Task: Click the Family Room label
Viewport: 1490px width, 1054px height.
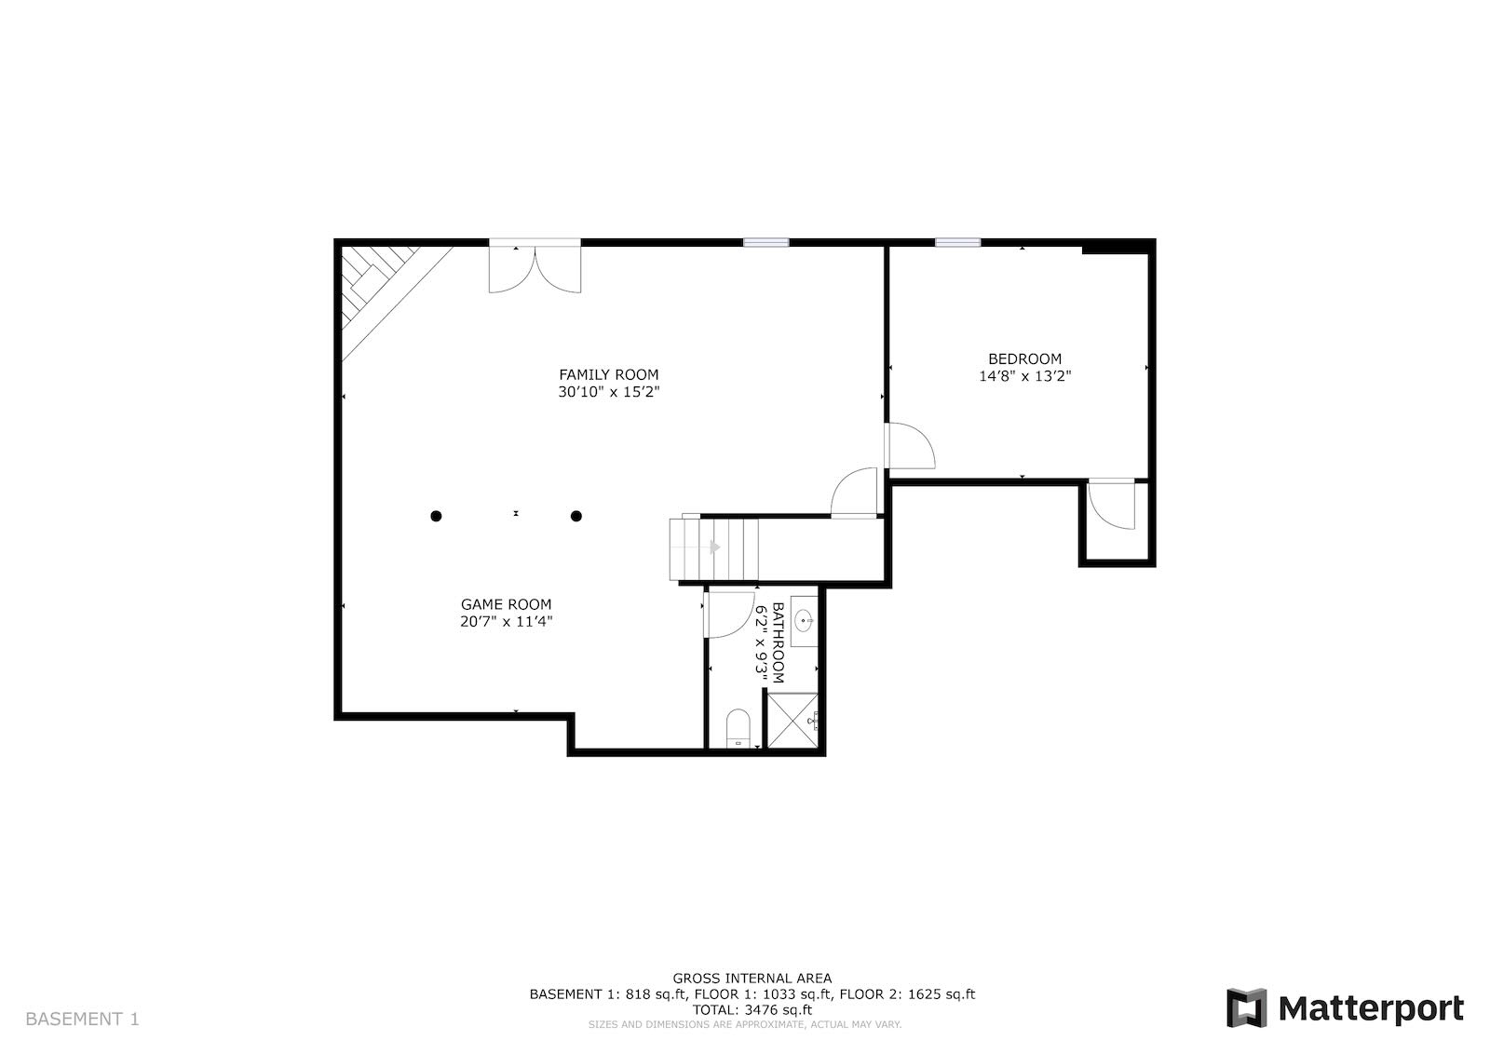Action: [x=609, y=374]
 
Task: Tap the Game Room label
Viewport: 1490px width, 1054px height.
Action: [x=507, y=604]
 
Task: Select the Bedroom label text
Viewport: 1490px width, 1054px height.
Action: [x=1025, y=359]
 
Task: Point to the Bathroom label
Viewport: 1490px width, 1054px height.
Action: [x=779, y=643]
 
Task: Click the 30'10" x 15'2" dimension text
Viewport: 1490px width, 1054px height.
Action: [x=609, y=392]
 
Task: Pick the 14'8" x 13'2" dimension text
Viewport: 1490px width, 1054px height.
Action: [x=1025, y=376]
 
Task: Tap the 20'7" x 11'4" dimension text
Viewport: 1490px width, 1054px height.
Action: [x=507, y=622]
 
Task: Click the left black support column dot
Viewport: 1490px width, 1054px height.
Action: [x=437, y=516]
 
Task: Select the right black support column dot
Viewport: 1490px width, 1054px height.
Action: [x=576, y=516]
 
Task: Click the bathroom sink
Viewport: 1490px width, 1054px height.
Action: [x=805, y=622]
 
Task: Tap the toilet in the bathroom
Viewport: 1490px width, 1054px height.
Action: [x=738, y=729]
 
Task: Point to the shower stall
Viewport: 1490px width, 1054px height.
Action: [x=792, y=721]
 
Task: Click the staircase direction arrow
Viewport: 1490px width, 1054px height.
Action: [x=715, y=547]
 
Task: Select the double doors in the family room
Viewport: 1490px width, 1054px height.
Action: [x=535, y=269]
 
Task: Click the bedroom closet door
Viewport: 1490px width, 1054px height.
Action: [x=1112, y=505]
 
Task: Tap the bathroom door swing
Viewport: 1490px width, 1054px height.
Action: [x=728, y=615]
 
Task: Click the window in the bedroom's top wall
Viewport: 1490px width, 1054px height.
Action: [x=958, y=243]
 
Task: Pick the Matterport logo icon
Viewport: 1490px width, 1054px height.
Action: [x=1247, y=1008]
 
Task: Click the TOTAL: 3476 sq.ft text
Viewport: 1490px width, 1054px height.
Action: [x=752, y=1010]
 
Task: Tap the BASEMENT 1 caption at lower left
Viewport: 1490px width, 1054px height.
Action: [x=83, y=1020]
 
